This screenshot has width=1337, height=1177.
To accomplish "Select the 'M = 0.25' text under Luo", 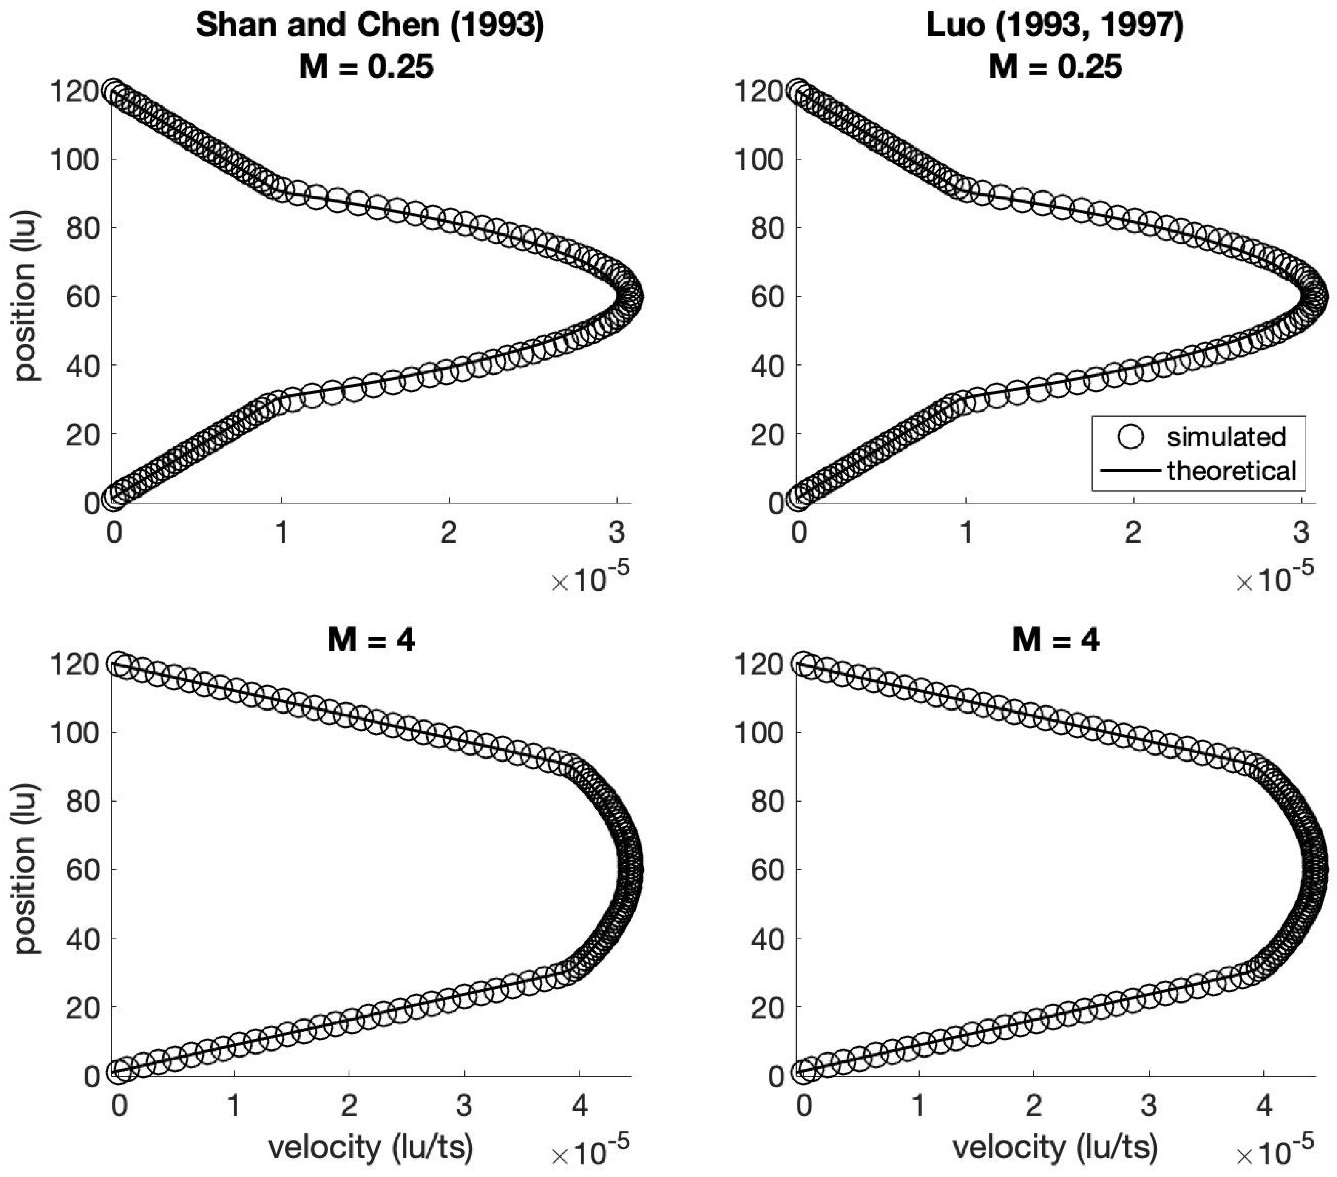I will click(1055, 67).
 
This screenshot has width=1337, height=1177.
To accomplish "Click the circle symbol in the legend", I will click(1130, 436).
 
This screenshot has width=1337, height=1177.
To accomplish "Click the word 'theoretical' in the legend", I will click(1231, 470).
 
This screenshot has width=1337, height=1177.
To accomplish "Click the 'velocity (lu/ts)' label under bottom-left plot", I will click(370, 1146).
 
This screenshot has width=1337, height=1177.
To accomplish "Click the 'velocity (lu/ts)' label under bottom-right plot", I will click(1055, 1146).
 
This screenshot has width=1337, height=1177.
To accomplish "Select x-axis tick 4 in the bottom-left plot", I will click(579, 1105).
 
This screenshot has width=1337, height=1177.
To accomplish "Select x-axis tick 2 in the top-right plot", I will click(1133, 532).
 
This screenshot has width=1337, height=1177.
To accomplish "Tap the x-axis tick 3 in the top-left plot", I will click(616, 532).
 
